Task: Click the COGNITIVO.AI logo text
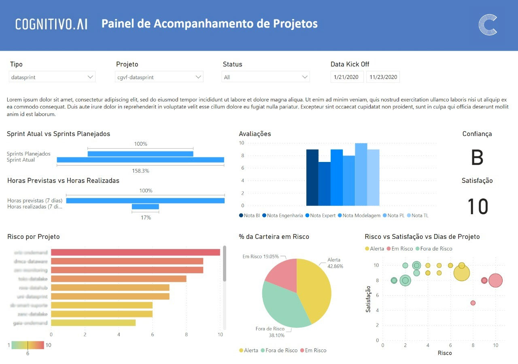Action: click(x=51, y=24)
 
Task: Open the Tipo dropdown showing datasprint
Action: click(x=52, y=77)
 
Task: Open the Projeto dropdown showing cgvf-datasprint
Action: click(x=159, y=77)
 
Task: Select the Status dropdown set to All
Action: click(x=265, y=77)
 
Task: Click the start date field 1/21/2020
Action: click(x=347, y=77)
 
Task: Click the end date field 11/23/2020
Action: click(x=383, y=77)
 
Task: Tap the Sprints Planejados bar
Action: click(x=140, y=154)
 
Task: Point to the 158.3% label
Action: click(x=140, y=171)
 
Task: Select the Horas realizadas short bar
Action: click(x=145, y=207)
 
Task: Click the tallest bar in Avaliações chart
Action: click(x=361, y=175)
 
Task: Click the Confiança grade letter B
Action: click(x=477, y=158)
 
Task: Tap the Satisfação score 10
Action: click(x=478, y=206)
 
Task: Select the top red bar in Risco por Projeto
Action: click(x=136, y=253)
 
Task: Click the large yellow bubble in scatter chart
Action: click(x=461, y=273)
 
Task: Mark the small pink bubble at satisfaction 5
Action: click(x=473, y=303)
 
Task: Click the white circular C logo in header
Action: click(x=488, y=25)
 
